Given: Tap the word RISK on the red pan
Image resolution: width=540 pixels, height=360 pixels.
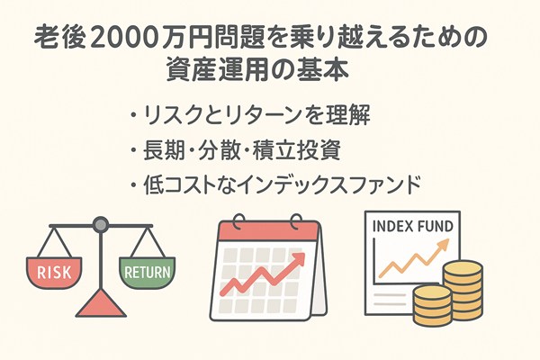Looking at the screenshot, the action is coord(54,272).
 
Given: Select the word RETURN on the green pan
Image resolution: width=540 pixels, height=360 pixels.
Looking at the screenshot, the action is coord(147,272).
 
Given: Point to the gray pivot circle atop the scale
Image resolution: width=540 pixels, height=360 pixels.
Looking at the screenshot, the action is coord(101,225).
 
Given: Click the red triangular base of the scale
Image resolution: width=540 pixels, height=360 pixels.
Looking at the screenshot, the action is coord(101,304).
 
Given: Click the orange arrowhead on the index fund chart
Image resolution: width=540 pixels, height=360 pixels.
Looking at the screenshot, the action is coord(443,245).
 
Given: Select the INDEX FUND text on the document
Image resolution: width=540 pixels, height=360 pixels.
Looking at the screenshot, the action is coord(413,227).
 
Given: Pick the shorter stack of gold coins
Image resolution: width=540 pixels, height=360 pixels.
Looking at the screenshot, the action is coord(432,306).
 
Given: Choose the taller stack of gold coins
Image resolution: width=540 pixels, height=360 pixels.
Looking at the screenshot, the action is coord(463,290).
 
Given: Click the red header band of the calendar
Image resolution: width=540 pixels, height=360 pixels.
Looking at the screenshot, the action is coord(268,231).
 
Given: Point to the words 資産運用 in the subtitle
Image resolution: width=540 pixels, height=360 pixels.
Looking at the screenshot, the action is coord(217,70).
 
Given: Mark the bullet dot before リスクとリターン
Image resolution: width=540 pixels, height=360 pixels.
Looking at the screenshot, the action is coord(133,115).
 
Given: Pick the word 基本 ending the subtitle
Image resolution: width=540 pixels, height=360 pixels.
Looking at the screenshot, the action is coord(323,70).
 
